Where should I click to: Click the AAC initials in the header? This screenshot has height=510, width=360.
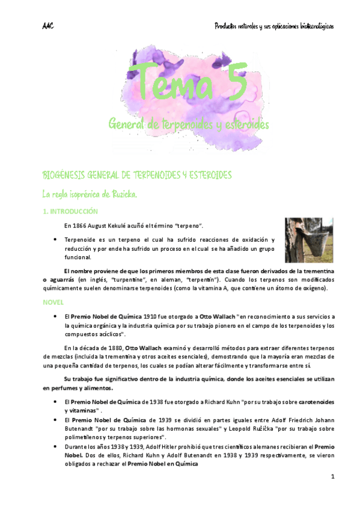point(48,26)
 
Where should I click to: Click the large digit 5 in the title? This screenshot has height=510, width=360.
point(229,82)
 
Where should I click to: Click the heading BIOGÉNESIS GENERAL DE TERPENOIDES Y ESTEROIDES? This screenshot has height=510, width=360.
point(137,174)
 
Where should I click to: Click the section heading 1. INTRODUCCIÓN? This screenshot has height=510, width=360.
point(71,212)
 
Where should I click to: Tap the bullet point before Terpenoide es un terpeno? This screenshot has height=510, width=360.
point(55,240)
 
